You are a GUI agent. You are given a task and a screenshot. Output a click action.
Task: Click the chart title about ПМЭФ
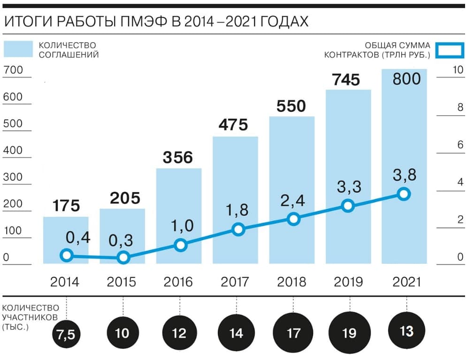[156, 22]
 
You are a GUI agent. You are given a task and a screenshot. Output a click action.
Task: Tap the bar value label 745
[346, 80]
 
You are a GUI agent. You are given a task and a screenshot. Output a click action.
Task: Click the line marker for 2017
[238, 230]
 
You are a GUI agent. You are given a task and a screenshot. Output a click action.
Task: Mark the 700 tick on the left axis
[13, 70]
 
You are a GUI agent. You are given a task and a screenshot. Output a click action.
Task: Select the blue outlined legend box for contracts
[449, 50]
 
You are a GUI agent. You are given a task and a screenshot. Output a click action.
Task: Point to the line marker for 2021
[404, 194]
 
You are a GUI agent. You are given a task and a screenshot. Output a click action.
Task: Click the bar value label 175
[66, 206]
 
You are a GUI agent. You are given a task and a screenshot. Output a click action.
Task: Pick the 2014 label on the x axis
[65, 282]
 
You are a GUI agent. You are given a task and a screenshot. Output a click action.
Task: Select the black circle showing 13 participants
[406, 331]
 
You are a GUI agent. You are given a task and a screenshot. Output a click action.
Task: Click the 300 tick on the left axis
[13, 177]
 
